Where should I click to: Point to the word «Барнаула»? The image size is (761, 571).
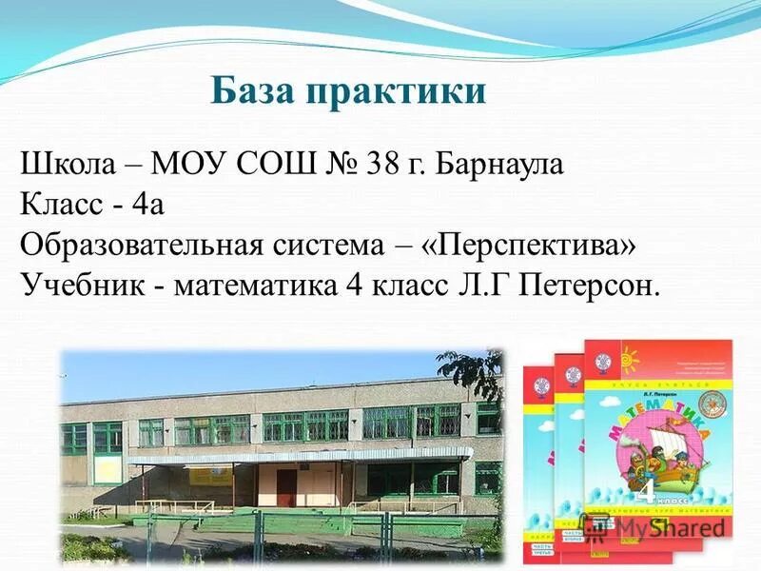(500, 166)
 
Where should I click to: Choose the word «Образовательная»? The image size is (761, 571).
(140, 246)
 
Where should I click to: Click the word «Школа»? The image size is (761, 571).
(65, 165)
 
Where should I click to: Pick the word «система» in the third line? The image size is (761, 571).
(341, 246)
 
